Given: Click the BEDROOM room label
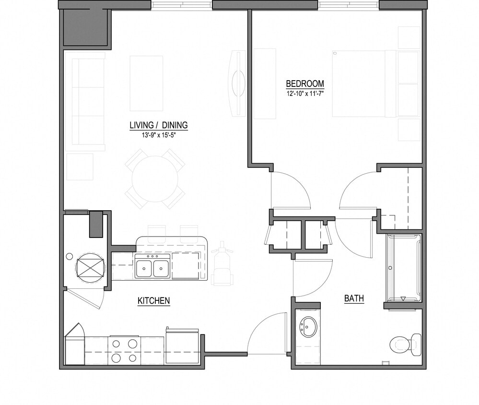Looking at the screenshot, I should coord(305,83).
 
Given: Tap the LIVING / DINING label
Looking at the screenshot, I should coord(158,126).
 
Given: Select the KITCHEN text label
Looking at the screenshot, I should coord(153,301).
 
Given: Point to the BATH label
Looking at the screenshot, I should coord(354,298).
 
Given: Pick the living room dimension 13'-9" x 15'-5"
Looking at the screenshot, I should coord(158,135).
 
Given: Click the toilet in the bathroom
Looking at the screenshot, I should coord(405,343).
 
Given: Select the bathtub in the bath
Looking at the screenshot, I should coord(404,268).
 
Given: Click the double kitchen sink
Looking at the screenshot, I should coord(152,267).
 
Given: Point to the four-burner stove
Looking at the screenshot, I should coord(124,350).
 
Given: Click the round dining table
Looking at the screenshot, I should coord(154,179).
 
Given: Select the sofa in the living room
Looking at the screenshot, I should coord(88,101).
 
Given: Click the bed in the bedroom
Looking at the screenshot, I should coord(364,83).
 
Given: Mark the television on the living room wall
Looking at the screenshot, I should coord(238,83).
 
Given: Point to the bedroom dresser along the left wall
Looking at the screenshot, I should coord(264,83).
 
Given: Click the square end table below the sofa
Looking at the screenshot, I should coord(79,167).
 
